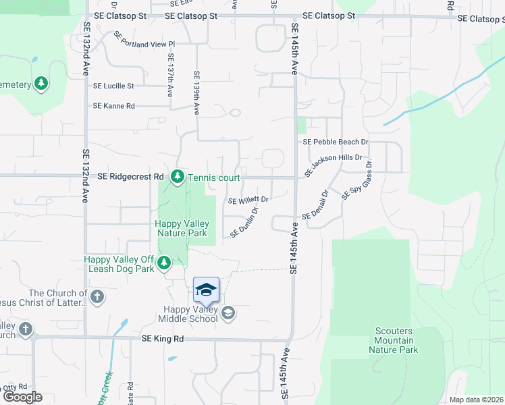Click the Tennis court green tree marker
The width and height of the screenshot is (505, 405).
coord(178,177)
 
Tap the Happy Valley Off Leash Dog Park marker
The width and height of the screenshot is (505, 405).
coord(164,262)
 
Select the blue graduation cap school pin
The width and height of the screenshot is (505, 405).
coord(206,290)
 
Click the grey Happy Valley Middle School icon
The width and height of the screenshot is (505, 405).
coord(228,312)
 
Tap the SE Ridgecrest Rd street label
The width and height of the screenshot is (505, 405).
coord(131,176)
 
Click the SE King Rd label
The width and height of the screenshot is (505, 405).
coord(163,338)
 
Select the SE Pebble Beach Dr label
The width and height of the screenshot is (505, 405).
coord(336,142)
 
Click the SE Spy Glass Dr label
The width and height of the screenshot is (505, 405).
coord(357,180)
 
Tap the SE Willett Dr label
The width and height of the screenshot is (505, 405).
coord(248,200)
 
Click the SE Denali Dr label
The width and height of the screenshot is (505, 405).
coord(315,205)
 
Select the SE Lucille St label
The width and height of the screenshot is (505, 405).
coord(113,86)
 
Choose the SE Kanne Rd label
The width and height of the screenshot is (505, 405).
coord(114,106)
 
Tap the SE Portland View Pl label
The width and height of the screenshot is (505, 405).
coord(144,44)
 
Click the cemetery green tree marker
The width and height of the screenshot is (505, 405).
coord(42,84)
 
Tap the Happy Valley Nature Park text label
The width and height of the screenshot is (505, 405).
coord(182,228)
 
